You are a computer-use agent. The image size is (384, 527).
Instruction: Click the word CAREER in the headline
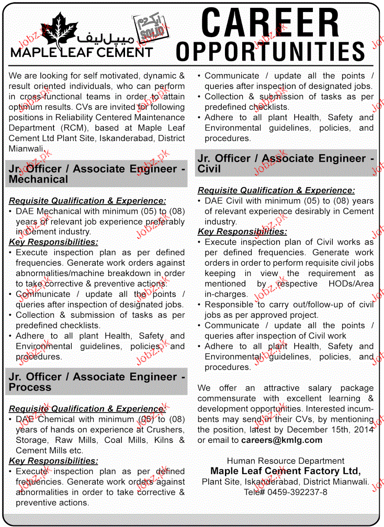270,24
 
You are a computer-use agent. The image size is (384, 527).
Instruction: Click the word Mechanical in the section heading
38,179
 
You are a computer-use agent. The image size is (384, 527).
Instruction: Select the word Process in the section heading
30,387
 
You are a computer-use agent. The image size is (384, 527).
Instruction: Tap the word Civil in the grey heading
209,169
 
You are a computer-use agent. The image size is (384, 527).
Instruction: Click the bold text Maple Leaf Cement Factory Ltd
285,471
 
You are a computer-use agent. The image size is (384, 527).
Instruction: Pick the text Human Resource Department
286,461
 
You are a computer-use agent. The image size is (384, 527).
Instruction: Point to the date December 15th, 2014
335,429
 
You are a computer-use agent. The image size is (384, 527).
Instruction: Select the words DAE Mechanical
52,211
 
